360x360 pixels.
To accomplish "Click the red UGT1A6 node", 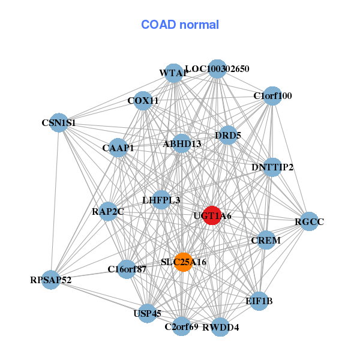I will click(x=212, y=215).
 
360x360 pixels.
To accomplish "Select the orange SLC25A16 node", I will click(x=183, y=262).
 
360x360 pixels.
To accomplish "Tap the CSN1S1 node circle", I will click(x=58, y=123).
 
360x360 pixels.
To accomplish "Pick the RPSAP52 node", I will click(x=50, y=280).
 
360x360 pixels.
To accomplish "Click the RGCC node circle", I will click(x=309, y=222).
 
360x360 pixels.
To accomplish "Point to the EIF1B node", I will click(x=259, y=301).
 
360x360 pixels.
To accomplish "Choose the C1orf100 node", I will click(x=272, y=96).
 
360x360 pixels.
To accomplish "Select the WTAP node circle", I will click(x=173, y=73).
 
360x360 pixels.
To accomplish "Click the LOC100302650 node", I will click(x=217, y=69).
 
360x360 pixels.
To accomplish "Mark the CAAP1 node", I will click(x=118, y=148).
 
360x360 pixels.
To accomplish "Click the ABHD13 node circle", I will click(x=182, y=143).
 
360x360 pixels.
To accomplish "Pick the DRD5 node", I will click(x=227, y=136).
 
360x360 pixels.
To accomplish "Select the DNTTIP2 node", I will click(x=272, y=167).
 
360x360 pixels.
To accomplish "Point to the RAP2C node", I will click(x=108, y=211).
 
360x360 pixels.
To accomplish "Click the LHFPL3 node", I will click(x=161, y=199).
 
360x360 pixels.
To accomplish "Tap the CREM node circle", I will click(x=266, y=241).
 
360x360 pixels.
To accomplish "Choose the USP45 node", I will click(x=147, y=313).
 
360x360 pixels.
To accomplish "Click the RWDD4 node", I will click(x=220, y=327).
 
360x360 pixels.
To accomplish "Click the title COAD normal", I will click(x=180, y=25).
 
